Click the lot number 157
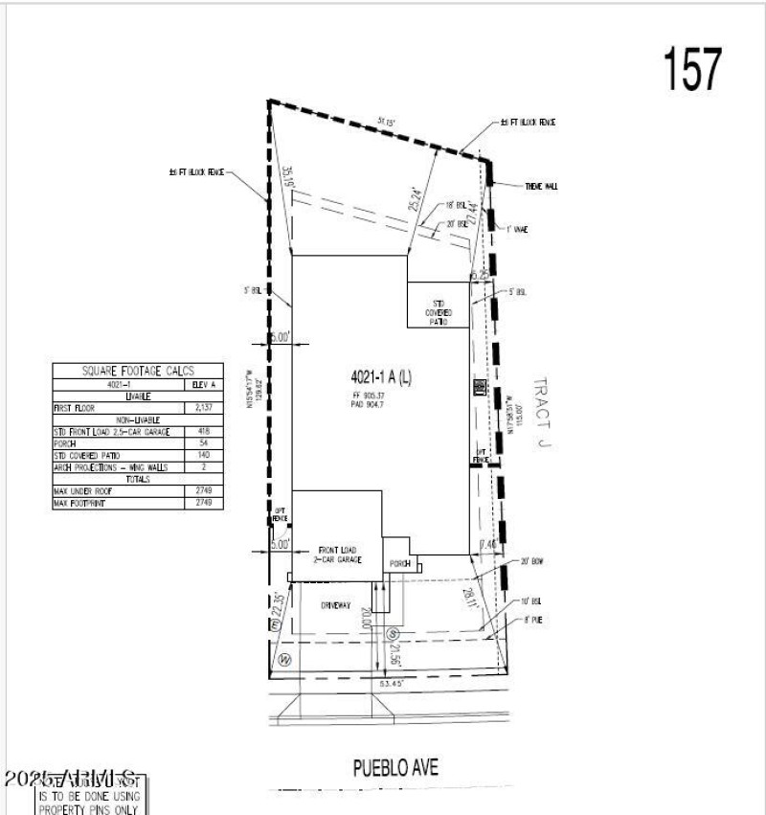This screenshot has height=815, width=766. point(692,69)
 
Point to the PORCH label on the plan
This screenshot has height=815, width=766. point(399,564)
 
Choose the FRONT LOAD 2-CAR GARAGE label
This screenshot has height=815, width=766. point(339,555)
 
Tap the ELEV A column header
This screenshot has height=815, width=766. point(204,383)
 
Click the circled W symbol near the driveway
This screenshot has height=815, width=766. point(284,659)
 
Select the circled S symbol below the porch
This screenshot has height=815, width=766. point(392,634)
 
